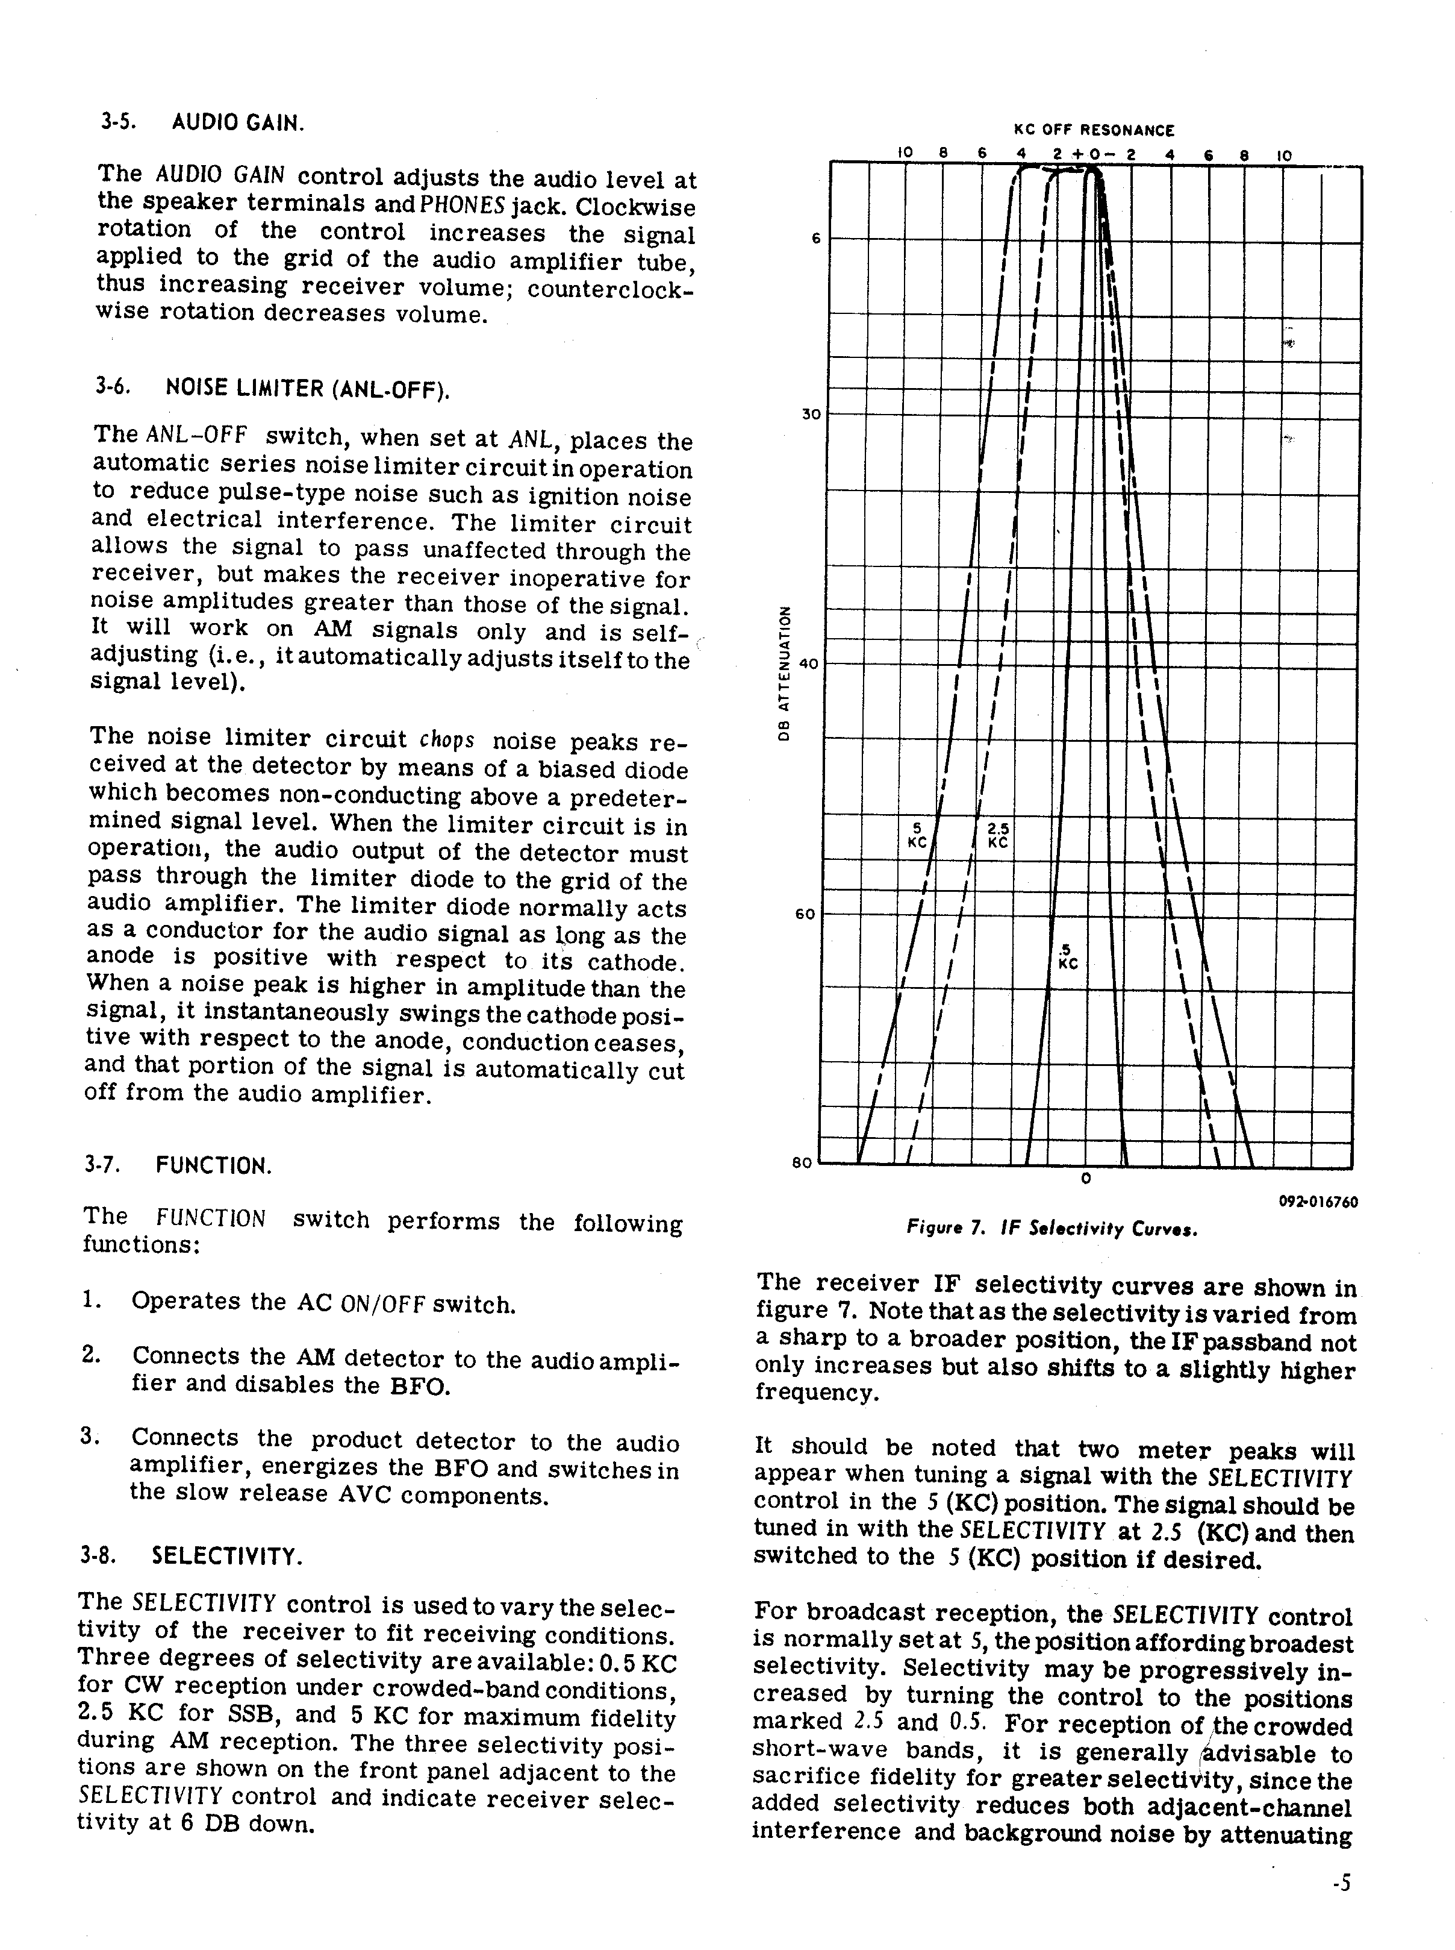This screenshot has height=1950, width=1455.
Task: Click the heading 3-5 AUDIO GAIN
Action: coord(202,122)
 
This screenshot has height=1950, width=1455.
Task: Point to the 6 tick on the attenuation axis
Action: coord(815,238)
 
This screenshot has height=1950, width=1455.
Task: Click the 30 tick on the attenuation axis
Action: coord(810,413)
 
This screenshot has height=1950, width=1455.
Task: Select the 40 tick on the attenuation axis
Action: coord(809,665)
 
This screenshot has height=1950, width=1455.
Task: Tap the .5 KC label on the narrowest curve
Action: coord(1068,956)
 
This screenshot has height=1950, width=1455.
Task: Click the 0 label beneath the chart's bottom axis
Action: coord(1086,1178)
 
